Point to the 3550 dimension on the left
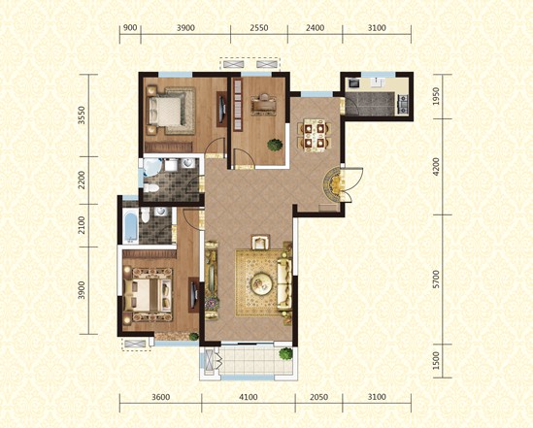point(83,115)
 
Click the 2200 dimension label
point(83,180)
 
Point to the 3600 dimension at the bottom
point(160,397)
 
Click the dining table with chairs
point(313,135)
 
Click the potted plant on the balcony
point(286,356)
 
